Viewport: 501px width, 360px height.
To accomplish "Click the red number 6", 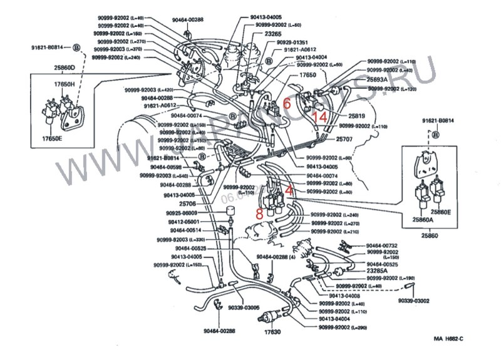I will click(287, 105).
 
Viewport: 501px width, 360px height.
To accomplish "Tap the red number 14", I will click(320, 116).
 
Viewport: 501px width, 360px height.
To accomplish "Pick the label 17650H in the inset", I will click(63, 84).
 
